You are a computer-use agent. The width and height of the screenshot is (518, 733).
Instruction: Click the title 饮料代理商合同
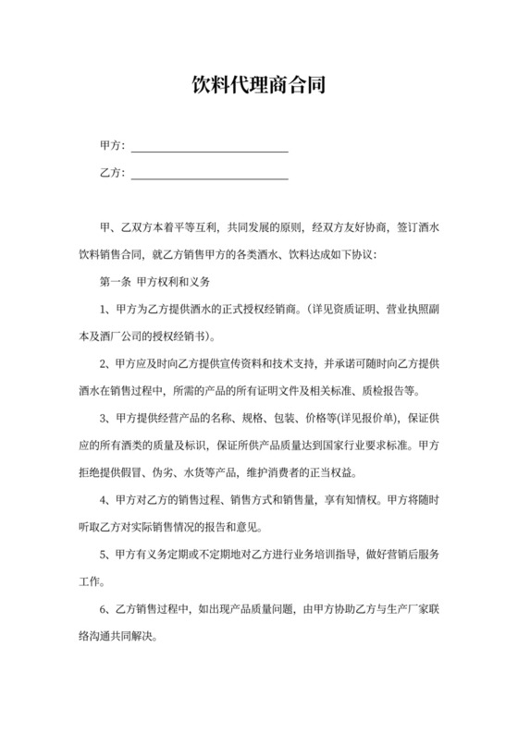point(258,88)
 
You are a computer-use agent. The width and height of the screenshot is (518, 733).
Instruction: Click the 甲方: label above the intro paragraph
point(111,147)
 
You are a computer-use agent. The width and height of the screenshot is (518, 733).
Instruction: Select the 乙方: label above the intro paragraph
point(111,173)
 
